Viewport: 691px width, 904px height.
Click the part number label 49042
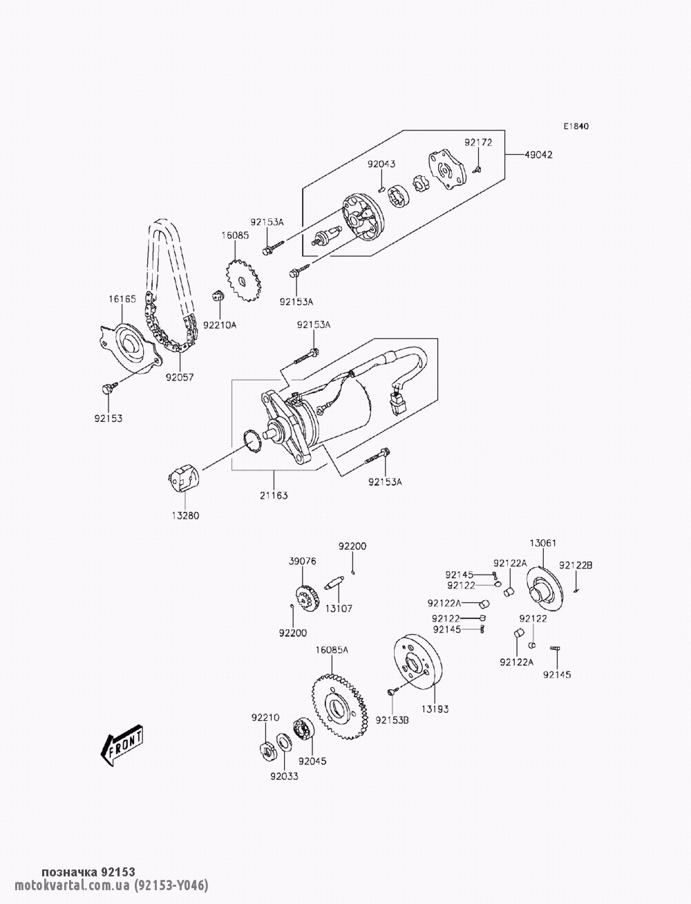point(538,155)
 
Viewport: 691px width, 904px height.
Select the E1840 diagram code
point(576,126)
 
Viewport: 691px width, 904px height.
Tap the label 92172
point(478,142)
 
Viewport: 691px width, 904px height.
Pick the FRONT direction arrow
point(122,745)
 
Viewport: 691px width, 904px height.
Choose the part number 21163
point(274,495)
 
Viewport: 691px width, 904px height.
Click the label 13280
point(185,516)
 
